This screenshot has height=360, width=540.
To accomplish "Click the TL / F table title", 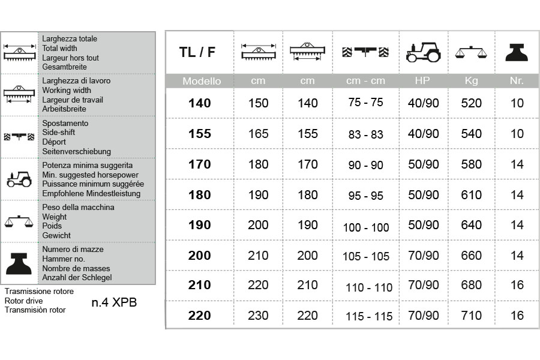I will click(197, 52).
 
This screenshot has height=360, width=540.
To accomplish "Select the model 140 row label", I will click(200, 103).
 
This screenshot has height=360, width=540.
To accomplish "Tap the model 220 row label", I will click(200, 316).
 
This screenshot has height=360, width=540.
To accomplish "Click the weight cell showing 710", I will click(472, 316).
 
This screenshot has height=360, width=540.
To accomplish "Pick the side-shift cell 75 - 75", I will click(365, 102).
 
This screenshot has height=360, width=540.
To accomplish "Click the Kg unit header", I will click(472, 80).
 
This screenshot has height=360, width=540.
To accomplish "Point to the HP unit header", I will click(422, 80).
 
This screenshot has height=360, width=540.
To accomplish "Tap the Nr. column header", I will click(517, 80).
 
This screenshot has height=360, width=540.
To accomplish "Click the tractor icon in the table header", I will click(423, 52).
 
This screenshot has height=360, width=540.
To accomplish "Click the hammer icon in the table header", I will click(517, 52).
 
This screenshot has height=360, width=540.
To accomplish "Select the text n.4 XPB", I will click(114, 302).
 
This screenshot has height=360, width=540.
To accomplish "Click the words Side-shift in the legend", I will click(59, 133).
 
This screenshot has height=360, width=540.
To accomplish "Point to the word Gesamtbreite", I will click(65, 67).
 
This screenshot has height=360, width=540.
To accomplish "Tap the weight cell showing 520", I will click(472, 103).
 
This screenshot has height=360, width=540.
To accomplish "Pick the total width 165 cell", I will click(259, 134).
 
